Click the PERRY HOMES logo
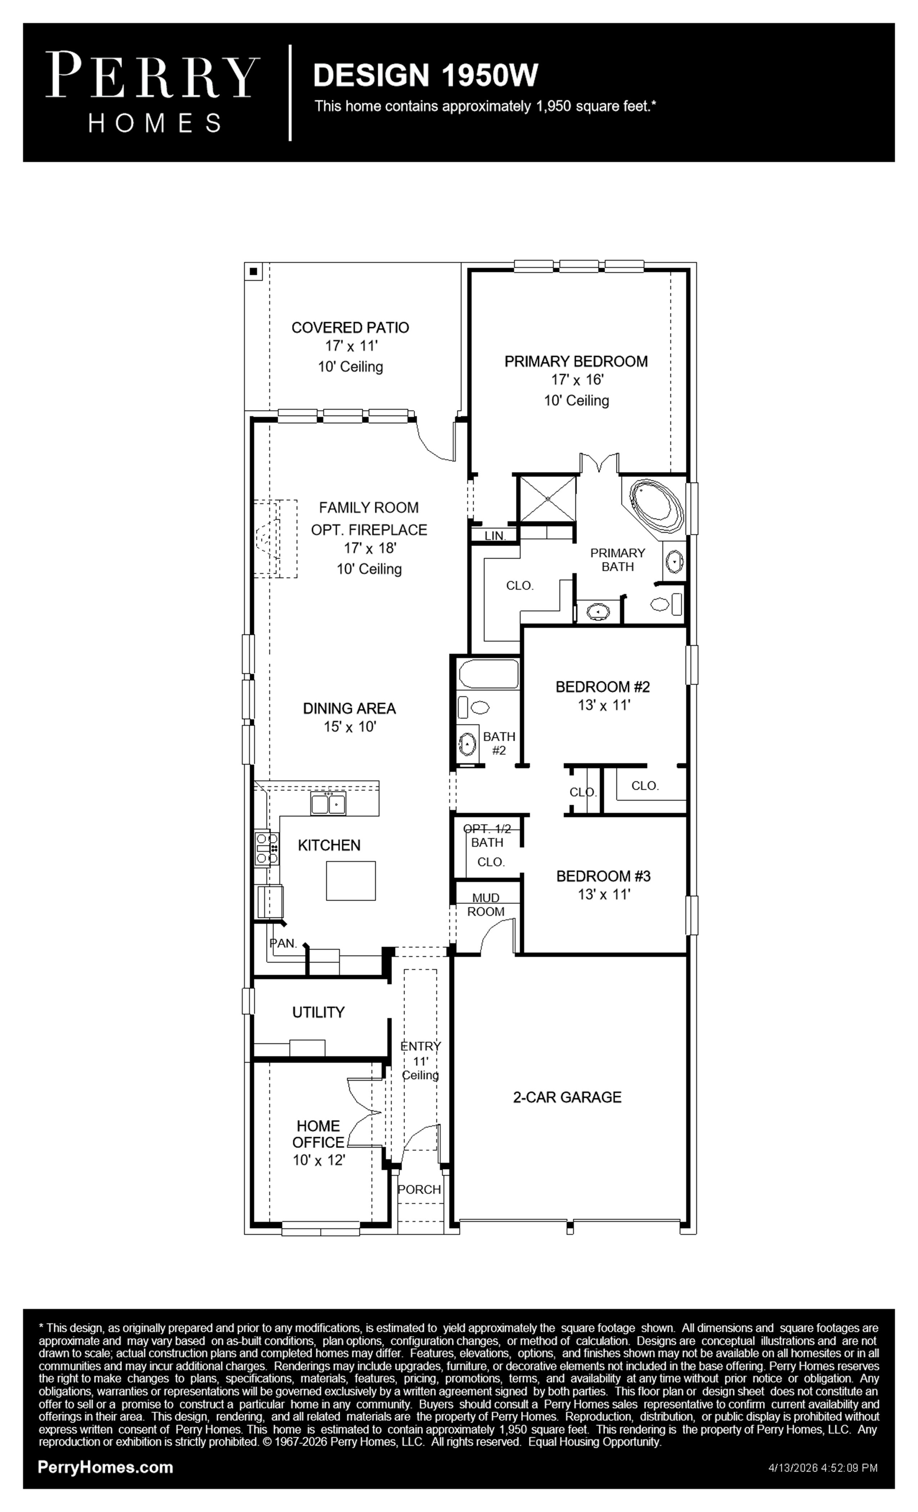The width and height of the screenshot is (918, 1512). click(x=153, y=92)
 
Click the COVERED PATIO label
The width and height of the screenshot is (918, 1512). click(x=350, y=328)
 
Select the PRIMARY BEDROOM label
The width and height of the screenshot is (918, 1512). click(x=576, y=361)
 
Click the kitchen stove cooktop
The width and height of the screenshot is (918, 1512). click(x=267, y=848)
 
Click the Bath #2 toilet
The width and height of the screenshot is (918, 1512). click(x=473, y=707)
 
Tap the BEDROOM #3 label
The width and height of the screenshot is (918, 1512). click(x=603, y=876)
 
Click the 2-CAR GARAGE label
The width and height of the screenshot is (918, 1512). click(x=567, y=1097)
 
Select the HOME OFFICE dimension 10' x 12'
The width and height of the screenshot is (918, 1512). click(x=319, y=1160)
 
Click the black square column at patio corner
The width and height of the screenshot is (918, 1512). click(x=253, y=271)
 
